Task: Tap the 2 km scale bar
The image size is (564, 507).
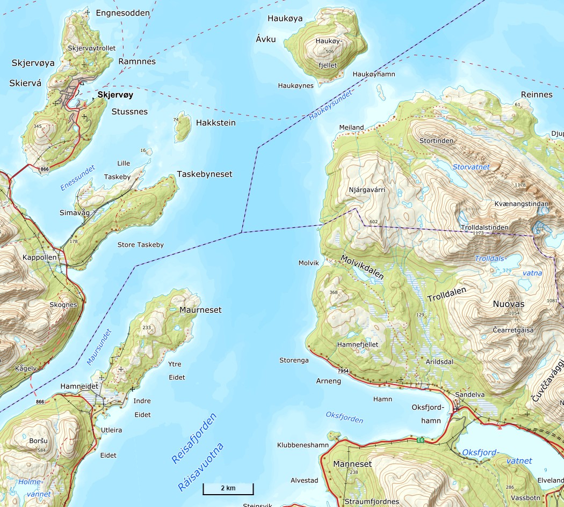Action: coord(228,489)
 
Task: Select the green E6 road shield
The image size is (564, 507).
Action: coord(420,440)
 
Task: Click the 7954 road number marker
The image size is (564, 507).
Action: coord(343,371)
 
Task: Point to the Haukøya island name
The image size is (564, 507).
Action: coord(285,18)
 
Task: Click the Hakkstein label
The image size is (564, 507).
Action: coord(215,123)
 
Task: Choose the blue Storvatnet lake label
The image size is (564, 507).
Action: coord(471,167)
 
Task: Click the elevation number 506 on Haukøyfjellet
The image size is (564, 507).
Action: coord(329,51)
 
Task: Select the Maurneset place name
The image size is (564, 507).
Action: coord(200,310)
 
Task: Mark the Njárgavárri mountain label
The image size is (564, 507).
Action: coord(367,190)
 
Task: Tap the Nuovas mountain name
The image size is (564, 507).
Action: coord(508,304)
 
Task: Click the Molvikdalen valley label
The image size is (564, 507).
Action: coord(362,267)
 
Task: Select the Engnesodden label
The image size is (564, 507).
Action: coord(122,12)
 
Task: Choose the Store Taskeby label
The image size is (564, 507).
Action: coord(140,245)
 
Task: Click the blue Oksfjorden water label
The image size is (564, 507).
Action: coord(344,418)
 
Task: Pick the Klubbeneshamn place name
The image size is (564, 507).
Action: coord(302,445)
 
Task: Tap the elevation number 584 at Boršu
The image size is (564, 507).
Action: coord(41,450)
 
